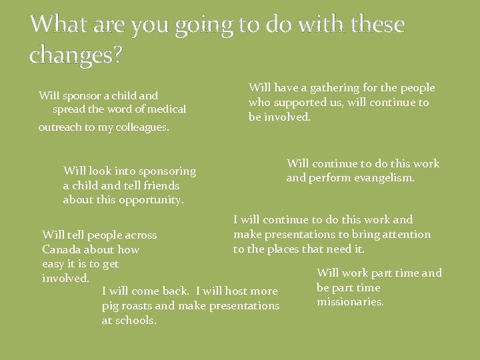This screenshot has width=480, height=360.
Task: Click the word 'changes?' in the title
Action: click(76, 55)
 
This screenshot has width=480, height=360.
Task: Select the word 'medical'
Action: click(166, 109)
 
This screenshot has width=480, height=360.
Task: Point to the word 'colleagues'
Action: click(139, 127)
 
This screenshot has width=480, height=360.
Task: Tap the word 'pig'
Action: click(110, 306)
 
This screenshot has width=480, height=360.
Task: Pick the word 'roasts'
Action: click(136, 306)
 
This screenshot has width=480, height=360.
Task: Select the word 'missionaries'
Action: click(350, 302)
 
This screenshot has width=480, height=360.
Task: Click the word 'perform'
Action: click(329, 178)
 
